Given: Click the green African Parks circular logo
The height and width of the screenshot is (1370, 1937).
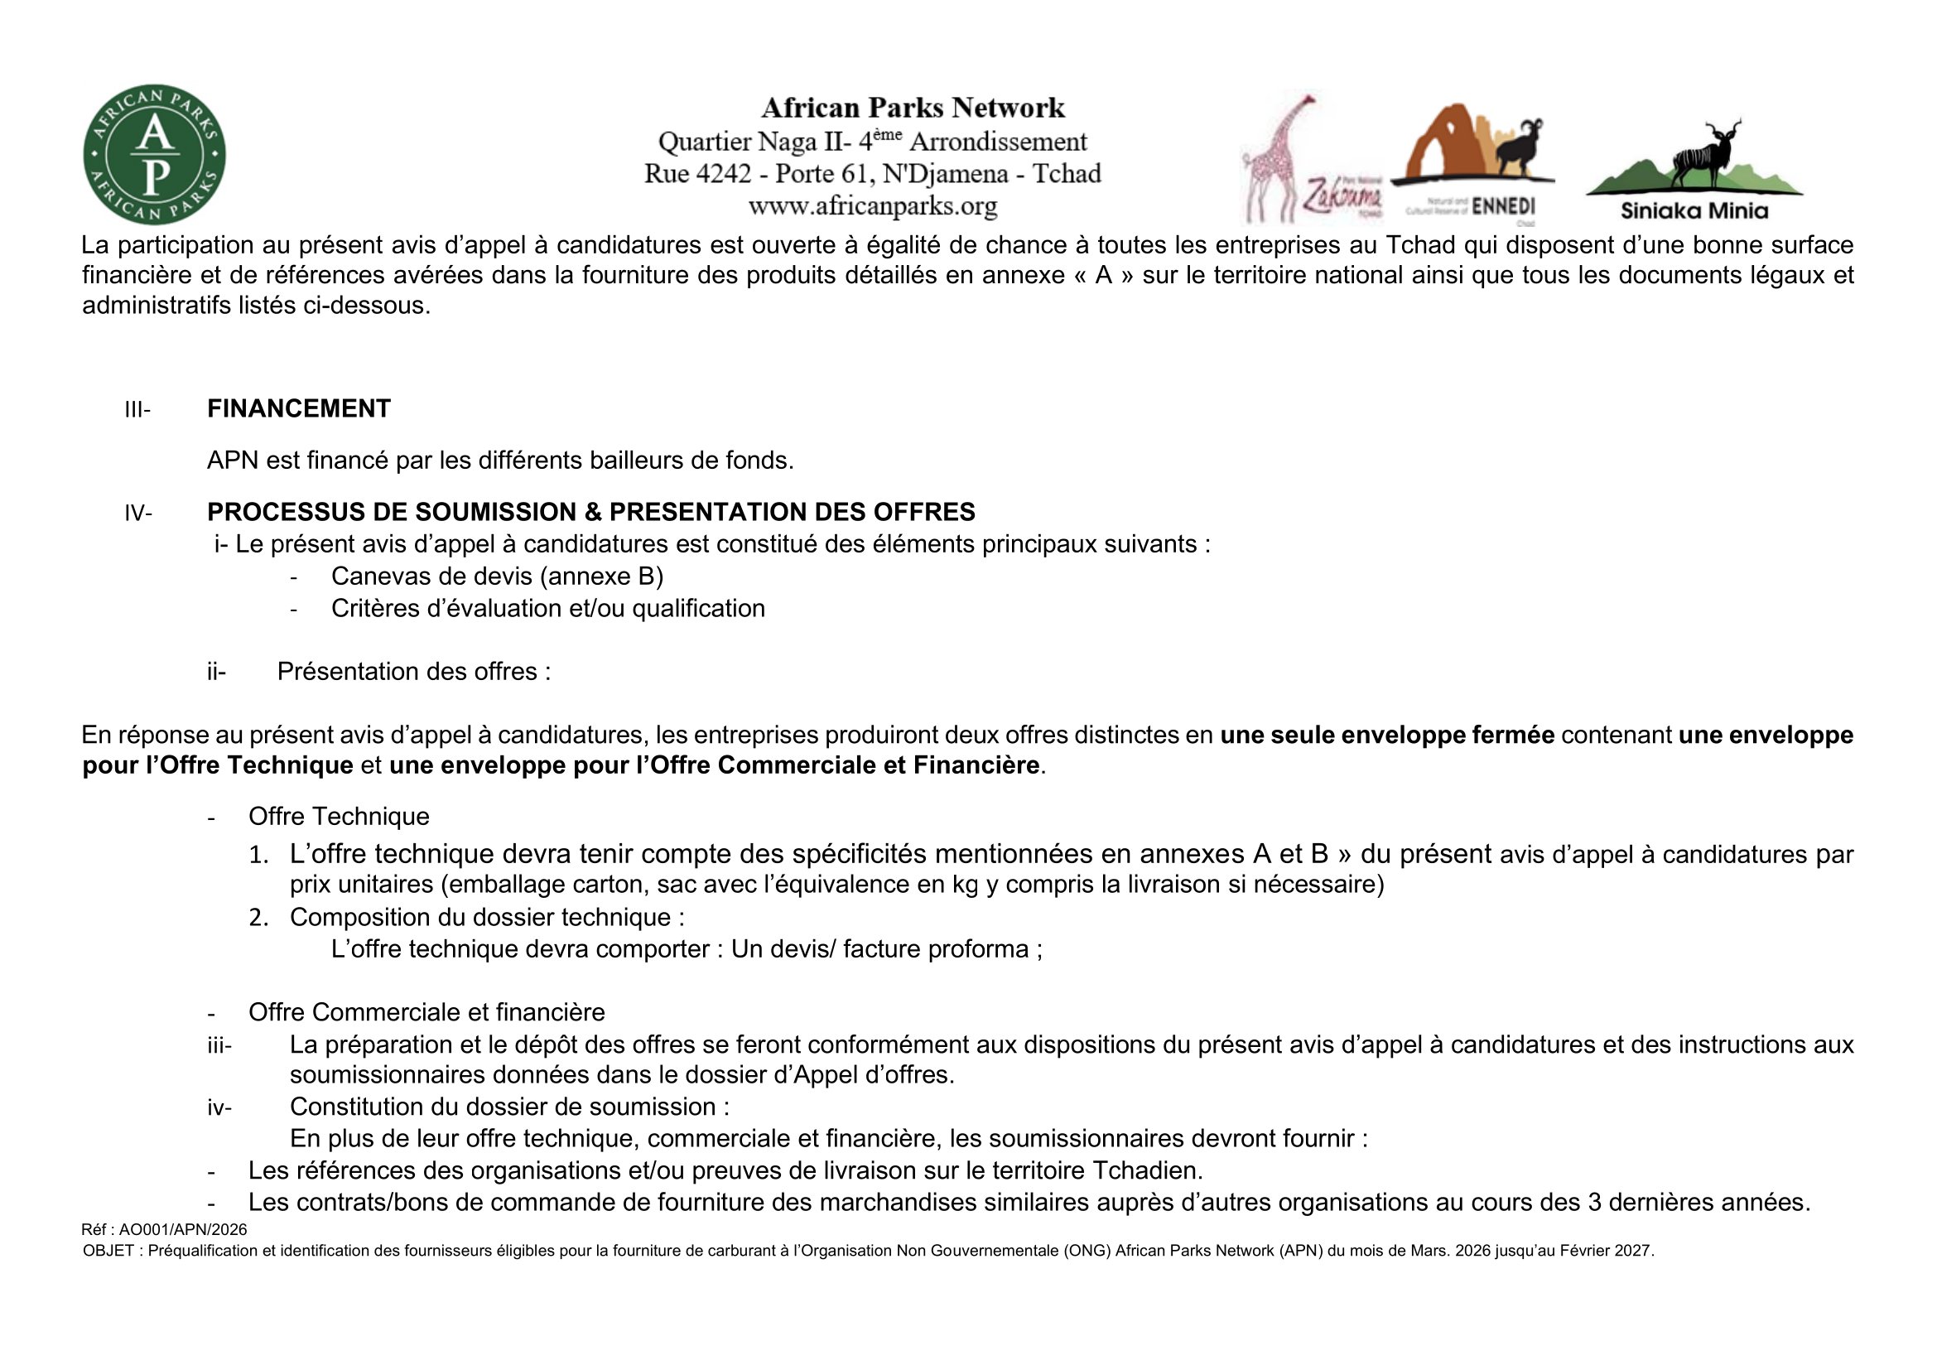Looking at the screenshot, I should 154,154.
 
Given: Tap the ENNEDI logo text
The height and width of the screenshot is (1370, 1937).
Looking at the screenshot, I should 1503,207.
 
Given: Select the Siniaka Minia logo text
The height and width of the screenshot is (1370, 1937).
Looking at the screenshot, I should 1694,211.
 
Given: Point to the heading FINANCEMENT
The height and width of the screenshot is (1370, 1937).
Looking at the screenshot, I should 299,409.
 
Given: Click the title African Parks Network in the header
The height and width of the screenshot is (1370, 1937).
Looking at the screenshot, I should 913,108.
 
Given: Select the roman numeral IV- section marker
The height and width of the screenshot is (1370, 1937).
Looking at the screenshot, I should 138,513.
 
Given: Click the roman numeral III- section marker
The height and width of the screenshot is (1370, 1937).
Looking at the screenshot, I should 137,410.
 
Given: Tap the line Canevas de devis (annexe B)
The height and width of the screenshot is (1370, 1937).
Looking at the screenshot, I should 497,576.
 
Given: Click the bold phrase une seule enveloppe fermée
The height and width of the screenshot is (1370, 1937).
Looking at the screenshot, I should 1387,735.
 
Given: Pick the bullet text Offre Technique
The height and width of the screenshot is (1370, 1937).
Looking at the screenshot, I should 339,817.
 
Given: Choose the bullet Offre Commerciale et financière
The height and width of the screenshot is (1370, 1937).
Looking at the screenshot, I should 426,1012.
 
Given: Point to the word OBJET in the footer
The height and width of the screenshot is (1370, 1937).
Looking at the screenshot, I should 108,1251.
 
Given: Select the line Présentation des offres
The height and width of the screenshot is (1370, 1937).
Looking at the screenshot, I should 413,672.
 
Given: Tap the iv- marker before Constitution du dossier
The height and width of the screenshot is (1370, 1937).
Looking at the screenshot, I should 219,1107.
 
